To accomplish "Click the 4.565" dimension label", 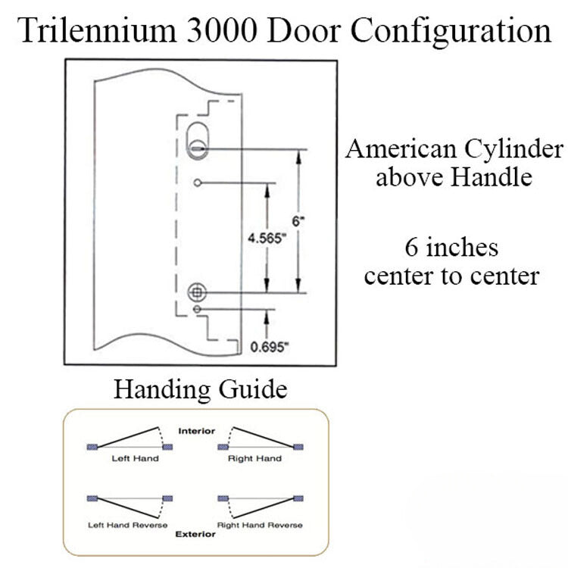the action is click(267, 239).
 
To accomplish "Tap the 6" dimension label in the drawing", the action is click(298, 221).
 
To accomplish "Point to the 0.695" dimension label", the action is click(270, 347).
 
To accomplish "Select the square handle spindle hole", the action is click(197, 292).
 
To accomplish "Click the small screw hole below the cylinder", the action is click(198, 183).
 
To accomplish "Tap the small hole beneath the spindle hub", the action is click(197, 309).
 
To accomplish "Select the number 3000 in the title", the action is click(222, 31).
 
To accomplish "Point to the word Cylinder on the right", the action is click(513, 150).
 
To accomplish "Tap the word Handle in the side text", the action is click(492, 177).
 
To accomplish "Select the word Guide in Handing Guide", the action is click(253, 389).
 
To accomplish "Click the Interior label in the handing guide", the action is click(197, 431).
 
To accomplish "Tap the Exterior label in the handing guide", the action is click(195, 534).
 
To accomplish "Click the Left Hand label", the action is click(135, 458).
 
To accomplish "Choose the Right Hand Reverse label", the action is click(260, 525).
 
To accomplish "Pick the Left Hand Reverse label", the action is click(127, 525).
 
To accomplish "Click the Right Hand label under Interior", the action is click(254, 459).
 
